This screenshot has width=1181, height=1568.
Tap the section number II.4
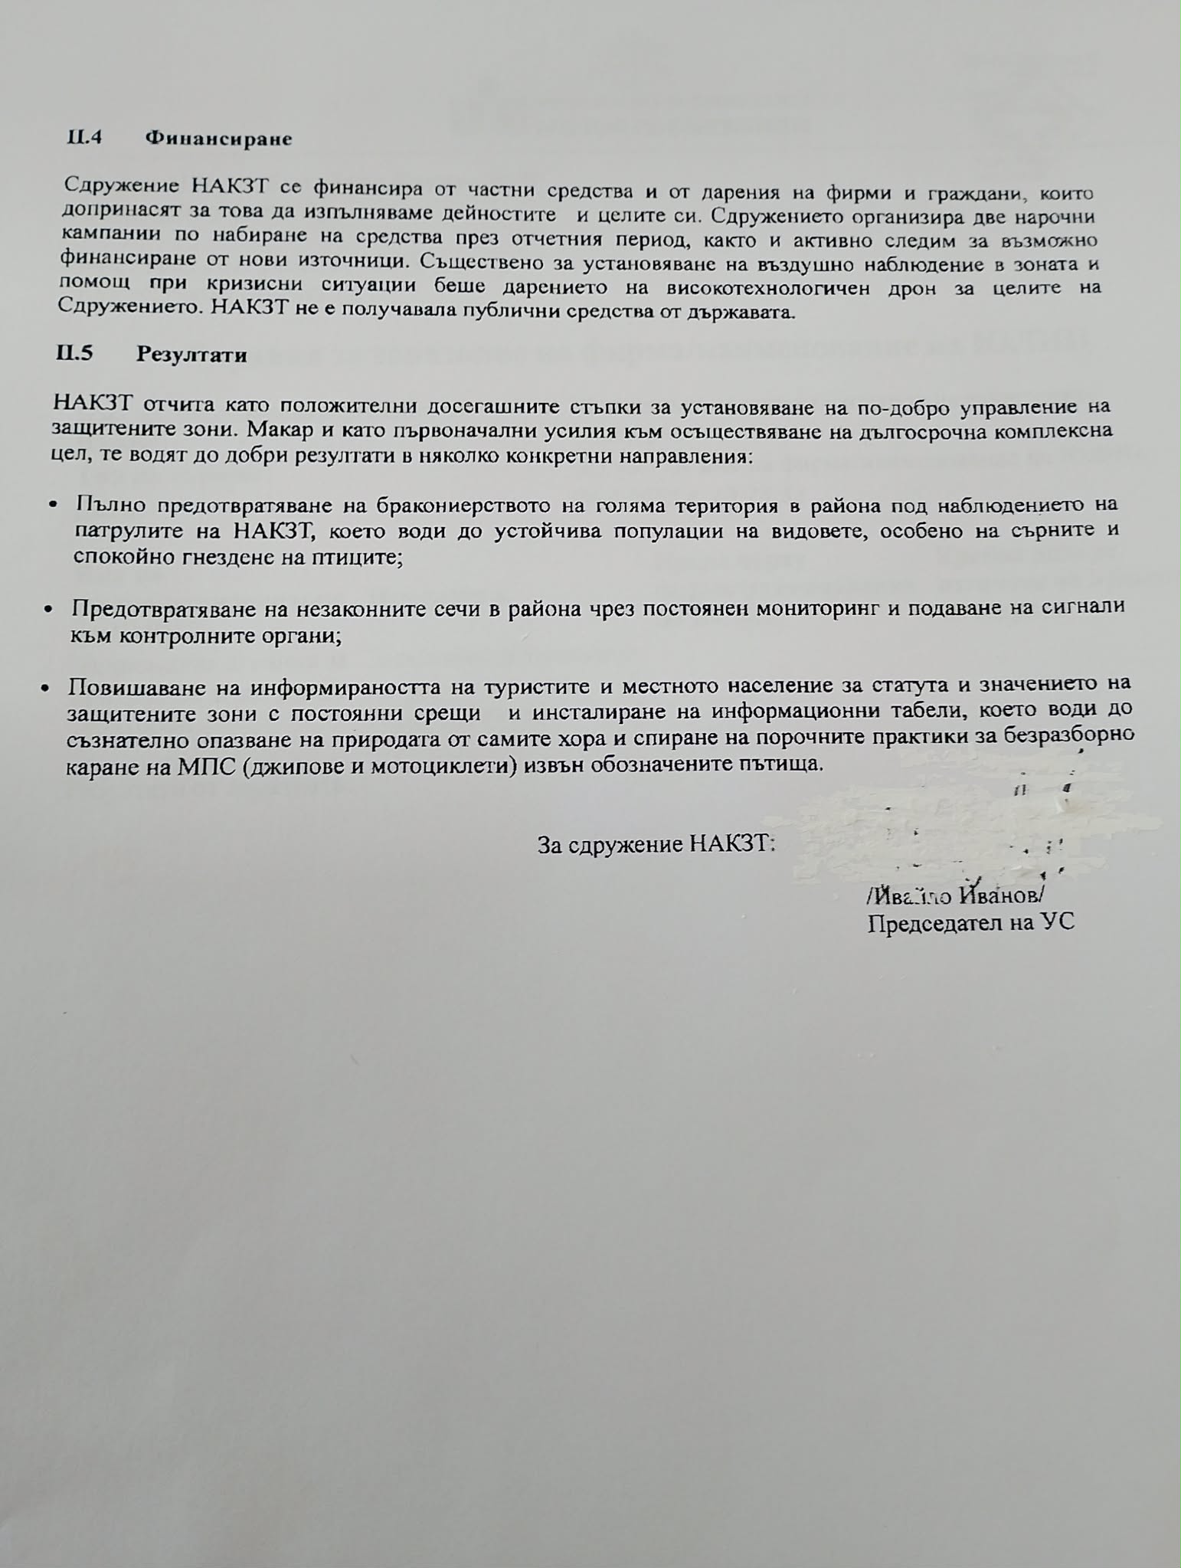coord(85,139)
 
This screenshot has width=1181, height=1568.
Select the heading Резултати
coord(191,355)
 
